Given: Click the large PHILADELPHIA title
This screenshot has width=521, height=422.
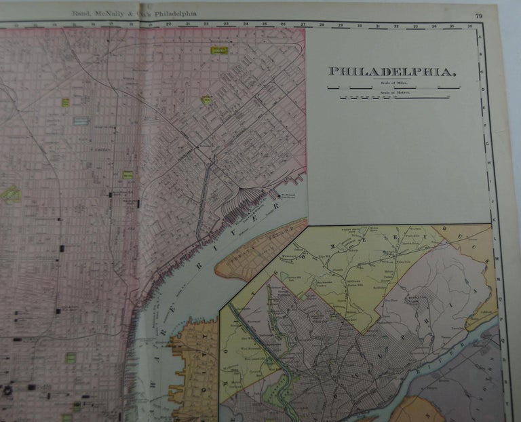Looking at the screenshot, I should pos(391,71).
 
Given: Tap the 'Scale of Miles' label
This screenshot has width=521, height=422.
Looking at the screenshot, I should pos(383,81).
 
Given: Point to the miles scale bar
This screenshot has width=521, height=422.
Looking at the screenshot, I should pos(392,87).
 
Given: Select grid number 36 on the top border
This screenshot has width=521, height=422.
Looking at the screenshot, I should pos(469,26).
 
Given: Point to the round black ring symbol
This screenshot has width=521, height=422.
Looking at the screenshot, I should pos(7,390).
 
